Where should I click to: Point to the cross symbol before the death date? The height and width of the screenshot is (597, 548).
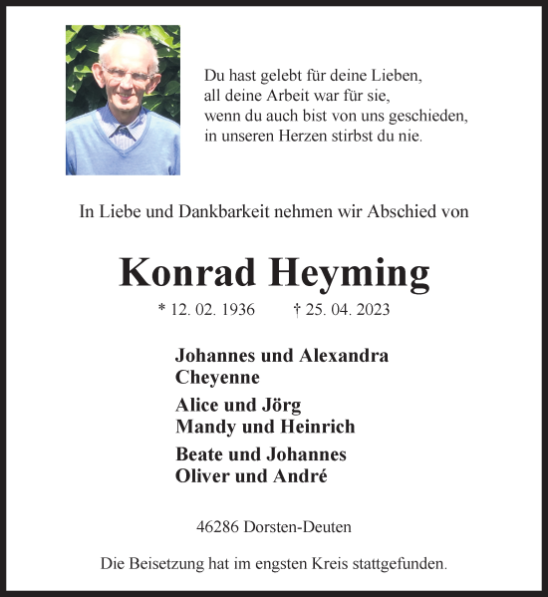pos(298,309)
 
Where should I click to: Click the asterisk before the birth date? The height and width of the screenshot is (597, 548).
pos(161,308)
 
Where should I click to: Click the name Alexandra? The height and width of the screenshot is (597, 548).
pos(340,356)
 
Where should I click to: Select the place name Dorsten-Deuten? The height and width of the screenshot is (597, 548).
pos(302,526)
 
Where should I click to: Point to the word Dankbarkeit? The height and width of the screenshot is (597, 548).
pos(211,211)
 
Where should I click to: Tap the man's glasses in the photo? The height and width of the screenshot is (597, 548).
pos(127,74)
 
